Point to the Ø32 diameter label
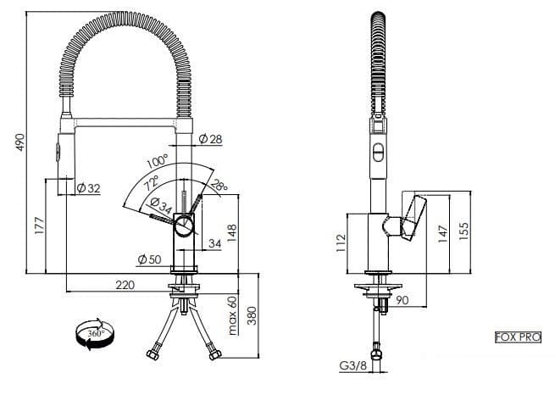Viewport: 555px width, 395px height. [x=88, y=187]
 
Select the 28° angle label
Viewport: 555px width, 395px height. [x=219, y=186]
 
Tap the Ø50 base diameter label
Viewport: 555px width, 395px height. [x=148, y=259]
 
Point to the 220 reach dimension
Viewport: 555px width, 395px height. [x=125, y=286]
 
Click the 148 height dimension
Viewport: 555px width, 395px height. [x=231, y=231]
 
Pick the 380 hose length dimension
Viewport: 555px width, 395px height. [x=253, y=316]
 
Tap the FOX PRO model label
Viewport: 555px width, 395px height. [x=517, y=337]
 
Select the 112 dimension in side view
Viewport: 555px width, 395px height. [x=341, y=246]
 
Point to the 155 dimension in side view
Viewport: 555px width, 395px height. [x=463, y=231]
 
